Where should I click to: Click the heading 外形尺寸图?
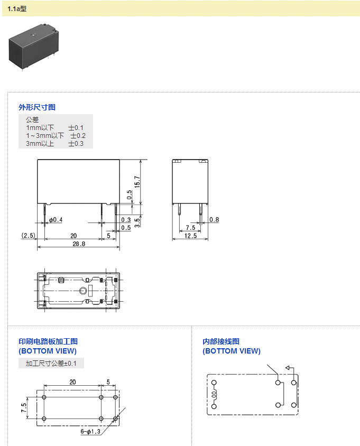point(37,107)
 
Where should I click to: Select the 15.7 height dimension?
point(137,182)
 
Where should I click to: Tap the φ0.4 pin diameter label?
point(56,220)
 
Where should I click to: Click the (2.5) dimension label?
point(28,235)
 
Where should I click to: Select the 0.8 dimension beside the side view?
point(214,220)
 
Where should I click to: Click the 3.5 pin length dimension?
point(137,221)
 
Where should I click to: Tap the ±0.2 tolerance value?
point(78,136)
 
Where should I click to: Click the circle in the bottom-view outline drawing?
point(82,291)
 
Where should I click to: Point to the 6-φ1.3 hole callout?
point(90,432)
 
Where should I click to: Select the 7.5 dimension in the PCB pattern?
point(24,407)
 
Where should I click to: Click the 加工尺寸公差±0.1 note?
point(51,364)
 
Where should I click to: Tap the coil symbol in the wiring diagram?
point(215,394)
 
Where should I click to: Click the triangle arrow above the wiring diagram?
point(288,368)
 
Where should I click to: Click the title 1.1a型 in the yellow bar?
point(17,9)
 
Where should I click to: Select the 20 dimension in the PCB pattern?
point(72,382)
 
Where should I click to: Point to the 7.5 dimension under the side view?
point(190,228)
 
